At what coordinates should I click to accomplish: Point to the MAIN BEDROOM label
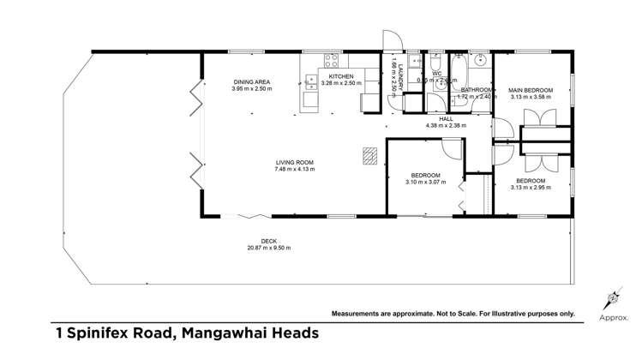coord(531,90)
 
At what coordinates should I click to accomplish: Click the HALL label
coord(446,119)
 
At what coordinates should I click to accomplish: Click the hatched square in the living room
coord(369,155)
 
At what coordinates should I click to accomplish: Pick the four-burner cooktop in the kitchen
coord(329,60)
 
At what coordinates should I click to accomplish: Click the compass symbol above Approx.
coord(612,299)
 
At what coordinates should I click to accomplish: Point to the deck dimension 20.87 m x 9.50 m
coord(269,248)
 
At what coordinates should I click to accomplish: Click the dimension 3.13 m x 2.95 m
coord(531,188)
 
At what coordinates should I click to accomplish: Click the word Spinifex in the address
coord(103,333)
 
